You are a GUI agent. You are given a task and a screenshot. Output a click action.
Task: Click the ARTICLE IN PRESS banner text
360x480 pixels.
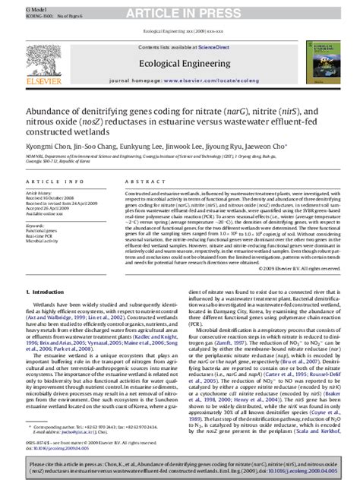pos(179,10)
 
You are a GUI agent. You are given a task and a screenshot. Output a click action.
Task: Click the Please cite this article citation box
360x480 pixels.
pos(179,466)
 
